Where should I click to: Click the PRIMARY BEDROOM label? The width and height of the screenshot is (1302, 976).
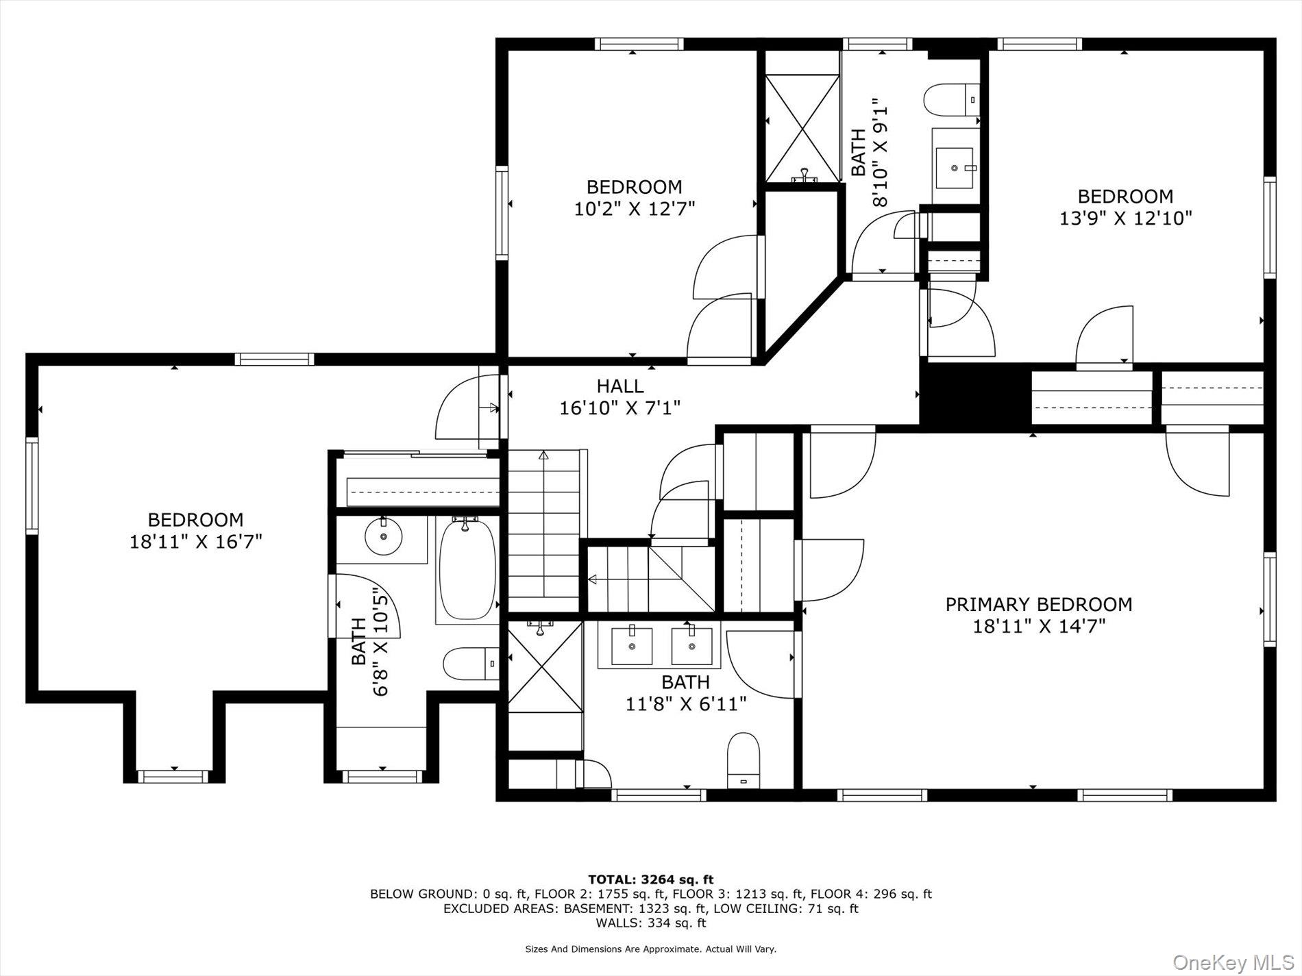(x=1038, y=605)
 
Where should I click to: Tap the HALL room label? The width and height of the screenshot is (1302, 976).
(x=619, y=386)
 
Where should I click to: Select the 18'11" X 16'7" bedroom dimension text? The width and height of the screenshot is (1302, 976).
(x=196, y=542)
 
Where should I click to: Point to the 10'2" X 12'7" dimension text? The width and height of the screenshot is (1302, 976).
(x=635, y=209)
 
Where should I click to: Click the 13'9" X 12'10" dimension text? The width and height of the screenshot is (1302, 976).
(x=1125, y=218)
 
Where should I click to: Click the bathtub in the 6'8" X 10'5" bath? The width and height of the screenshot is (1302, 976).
(x=467, y=571)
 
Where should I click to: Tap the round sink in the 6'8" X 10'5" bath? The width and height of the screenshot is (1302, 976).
(x=383, y=536)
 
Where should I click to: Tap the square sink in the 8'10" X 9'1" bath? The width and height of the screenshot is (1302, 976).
(x=955, y=168)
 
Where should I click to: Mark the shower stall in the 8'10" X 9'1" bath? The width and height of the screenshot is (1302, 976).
(x=802, y=128)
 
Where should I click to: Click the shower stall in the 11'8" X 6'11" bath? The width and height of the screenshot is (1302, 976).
(x=545, y=665)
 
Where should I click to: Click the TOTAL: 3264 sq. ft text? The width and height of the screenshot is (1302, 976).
(x=650, y=879)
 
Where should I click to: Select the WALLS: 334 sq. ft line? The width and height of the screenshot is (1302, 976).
(x=650, y=923)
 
